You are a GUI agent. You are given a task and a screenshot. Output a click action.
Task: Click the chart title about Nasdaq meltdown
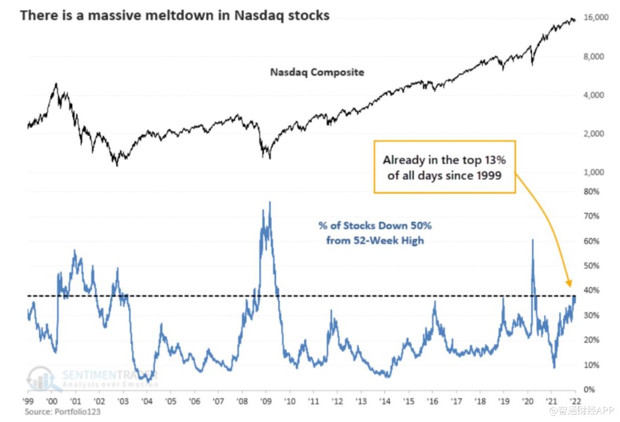[x=174, y=16]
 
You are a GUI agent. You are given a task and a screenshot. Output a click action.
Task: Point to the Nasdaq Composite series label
[x=317, y=73]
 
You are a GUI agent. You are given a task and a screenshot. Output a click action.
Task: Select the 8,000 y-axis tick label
[x=594, y=56]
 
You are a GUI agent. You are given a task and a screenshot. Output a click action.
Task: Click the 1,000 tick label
[x=594, y=172]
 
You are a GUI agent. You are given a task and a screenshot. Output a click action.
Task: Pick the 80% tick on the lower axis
[x=591, y=191]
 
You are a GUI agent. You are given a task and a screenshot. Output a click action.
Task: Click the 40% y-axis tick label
[x=591, y=290]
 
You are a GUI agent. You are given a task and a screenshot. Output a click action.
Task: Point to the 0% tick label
[x=589, y=390]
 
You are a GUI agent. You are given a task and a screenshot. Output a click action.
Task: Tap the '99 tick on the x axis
[x=28, y=401]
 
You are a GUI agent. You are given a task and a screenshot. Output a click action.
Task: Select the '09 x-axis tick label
[x=266, y=401]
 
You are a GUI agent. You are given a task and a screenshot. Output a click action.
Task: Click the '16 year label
[x=433, y=401]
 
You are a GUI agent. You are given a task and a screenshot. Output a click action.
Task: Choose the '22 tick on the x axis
[x=575, y=401]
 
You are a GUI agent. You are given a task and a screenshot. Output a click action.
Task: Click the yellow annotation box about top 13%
[x=445, y=167]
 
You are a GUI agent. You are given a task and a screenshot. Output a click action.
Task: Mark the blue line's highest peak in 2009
[x=270, y=201]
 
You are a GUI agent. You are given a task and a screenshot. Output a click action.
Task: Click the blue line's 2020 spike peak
[x=533, y=240]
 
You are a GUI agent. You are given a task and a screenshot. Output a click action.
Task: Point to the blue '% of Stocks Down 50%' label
[x=375, y=233]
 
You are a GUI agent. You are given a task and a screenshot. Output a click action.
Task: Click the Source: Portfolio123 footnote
[x=62, y=412]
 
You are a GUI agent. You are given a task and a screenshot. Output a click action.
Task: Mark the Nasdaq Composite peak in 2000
[x=56, y=84]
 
